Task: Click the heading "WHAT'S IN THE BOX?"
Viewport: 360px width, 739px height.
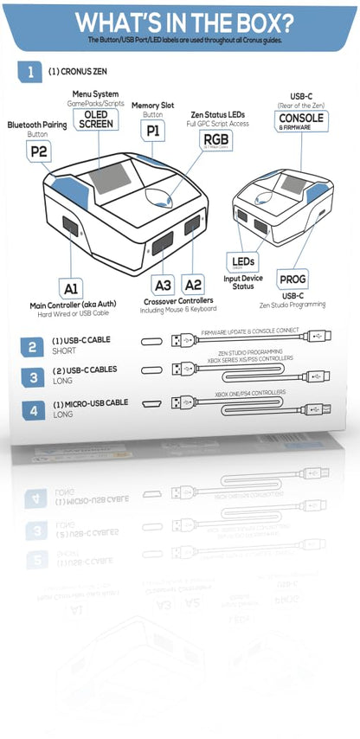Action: point(183,22)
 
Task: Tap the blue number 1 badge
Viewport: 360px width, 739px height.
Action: point(32,73)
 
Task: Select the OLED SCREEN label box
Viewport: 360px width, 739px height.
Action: point(95,119)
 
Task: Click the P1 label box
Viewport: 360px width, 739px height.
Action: point(152,132)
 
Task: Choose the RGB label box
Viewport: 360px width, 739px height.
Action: point(213,138)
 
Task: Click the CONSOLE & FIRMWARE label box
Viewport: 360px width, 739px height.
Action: point(301,119)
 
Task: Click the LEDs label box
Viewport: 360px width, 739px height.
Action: point(242,260)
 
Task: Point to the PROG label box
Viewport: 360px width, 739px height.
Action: point(292,279)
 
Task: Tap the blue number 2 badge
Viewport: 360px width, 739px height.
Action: point(32,347)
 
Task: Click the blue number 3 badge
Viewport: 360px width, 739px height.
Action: point(32,377)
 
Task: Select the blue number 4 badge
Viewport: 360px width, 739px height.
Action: point(32,409)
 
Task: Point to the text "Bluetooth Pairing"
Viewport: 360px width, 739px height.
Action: point(37,125)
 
